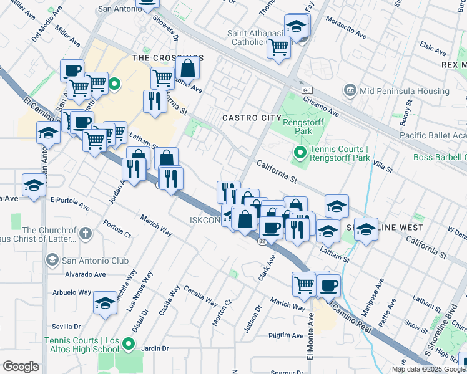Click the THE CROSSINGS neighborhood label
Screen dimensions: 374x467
pyautogui.click(x=159, y=57)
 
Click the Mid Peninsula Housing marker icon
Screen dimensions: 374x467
pyautogui.click(x=350, y=91)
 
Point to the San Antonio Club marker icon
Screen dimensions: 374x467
pyautogui.click(x=52, y=259)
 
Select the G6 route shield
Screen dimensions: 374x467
pyautogui.click(x=307, y=90)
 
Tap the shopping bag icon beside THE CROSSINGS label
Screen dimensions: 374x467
pyautogui.click(x=187, y=68)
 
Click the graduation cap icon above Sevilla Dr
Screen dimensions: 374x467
pyautogui.click(x=104, y=304)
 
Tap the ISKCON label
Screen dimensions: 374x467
pyautogui.click(x=205, y=220)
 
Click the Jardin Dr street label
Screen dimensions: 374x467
pyautogui.click(x=157, y=349)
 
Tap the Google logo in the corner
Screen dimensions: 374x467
pyautogui.click(x=21, y=367)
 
